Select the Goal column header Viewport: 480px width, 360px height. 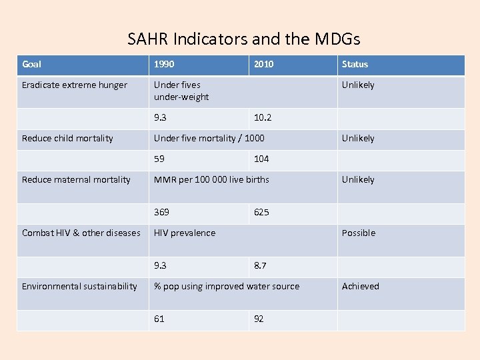(31, 65)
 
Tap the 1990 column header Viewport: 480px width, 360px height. (165, 65)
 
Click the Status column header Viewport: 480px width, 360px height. (355, 65)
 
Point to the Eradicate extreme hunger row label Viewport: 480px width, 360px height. (74, 85)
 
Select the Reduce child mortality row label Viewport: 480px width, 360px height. (67, 139)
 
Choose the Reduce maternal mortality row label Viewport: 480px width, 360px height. (76, 180)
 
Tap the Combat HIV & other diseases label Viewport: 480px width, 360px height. (81, 233)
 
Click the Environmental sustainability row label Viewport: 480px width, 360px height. (79, 287)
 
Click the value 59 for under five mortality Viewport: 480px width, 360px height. (159, 159)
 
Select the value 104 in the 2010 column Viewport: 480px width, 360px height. (261, 159)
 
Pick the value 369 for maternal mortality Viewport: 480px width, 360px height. (161, 212)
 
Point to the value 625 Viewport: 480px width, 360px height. (261, 213)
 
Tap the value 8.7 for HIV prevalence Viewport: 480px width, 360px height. (260, 266)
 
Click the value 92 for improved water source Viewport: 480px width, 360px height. (259, 319)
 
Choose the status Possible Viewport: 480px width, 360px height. (359, 233)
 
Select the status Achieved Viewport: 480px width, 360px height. (360, 287)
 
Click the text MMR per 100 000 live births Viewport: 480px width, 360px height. (211, 180)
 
